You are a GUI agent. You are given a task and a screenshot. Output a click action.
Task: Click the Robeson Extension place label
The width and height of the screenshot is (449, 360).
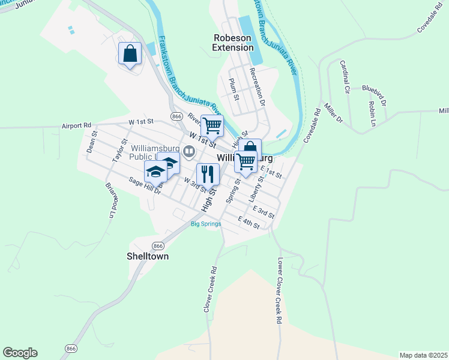[234, 43]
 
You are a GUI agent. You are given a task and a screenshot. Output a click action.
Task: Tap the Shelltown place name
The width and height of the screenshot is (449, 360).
[148, 256]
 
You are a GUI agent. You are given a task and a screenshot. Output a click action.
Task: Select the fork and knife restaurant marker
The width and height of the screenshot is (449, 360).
[208, 174]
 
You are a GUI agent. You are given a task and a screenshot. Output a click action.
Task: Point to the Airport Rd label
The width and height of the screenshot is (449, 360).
[76, 126]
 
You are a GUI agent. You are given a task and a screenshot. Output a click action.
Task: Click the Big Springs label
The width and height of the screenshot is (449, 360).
[206, 224]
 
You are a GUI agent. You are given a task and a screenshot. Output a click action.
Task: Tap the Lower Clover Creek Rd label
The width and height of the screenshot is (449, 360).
[280, 292]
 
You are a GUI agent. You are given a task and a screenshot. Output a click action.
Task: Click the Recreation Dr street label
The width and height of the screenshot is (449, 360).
[257, 86]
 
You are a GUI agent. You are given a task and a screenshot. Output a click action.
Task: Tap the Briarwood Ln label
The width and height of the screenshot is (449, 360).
[110, 199]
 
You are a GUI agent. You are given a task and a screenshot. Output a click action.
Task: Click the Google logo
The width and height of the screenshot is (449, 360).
[20, 353]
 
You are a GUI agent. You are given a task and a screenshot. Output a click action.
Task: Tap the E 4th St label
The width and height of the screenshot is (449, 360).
[249, 222]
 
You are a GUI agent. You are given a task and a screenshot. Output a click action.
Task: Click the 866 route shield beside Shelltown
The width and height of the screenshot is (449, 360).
[158, 246]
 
